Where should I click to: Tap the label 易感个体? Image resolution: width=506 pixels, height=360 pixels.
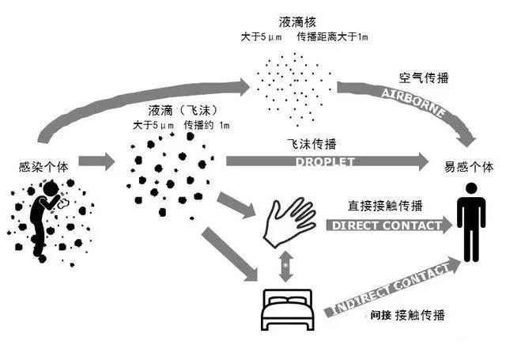point(470,168)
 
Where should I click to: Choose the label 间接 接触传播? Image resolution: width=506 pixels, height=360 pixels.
point(406,315)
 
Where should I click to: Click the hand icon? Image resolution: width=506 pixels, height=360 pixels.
point(289,221)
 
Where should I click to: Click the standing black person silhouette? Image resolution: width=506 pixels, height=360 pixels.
point(471,222)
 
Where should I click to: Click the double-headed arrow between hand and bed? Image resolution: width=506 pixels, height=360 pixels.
point(285,267)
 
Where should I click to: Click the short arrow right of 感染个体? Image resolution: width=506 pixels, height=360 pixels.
point(95,161)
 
